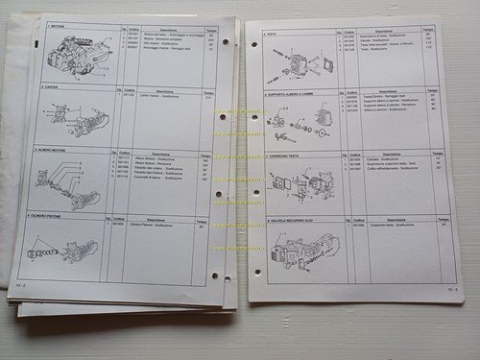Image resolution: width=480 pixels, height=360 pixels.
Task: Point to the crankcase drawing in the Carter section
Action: tap(77, 118)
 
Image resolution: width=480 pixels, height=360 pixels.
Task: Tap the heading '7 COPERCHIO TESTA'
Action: tap(289, 155)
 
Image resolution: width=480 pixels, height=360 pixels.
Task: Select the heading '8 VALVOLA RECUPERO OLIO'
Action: tap(295, 221)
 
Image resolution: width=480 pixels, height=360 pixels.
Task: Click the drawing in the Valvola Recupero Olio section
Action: tap(298, 252)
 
